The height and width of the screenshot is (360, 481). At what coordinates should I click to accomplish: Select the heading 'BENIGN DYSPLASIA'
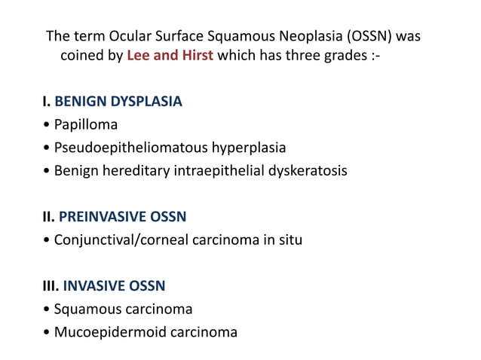(118, 101)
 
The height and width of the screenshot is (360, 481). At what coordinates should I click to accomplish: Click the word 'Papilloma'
(86, 124)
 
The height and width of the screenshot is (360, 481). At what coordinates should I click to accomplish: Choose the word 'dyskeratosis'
(307, 170)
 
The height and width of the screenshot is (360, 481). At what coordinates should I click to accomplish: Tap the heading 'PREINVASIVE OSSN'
(122, 217)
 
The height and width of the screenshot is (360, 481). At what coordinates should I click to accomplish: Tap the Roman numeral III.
(50, 286)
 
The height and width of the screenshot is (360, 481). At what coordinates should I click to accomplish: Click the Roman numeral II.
(48, 217)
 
